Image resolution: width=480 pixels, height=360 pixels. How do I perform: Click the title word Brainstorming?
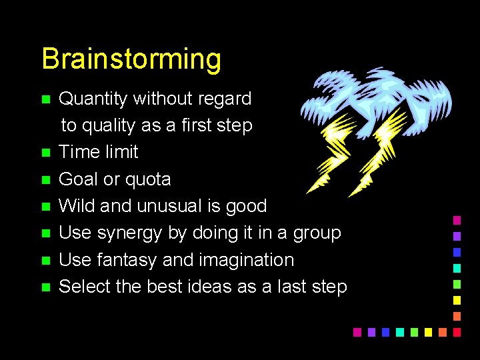coord(131,59)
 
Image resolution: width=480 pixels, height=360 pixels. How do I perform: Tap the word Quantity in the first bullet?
coord(93,99)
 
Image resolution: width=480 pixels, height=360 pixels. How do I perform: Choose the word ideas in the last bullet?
coord(217,287)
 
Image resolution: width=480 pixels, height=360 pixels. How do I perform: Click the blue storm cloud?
coord(377,97)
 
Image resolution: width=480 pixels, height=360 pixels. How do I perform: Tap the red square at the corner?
coord(457,331)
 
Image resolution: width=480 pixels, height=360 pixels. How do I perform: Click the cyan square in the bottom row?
coord(399,331)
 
